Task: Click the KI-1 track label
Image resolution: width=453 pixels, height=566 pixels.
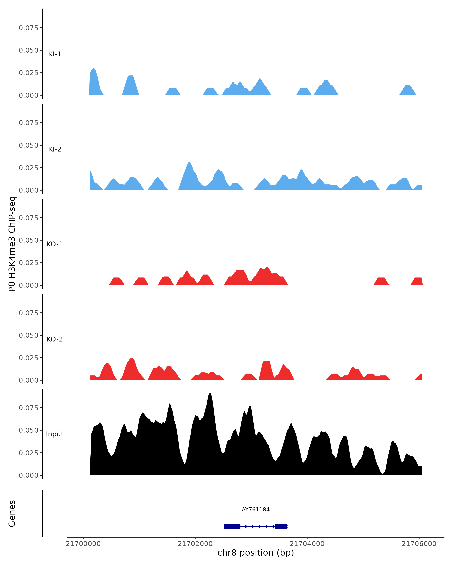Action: [x=55, y=54]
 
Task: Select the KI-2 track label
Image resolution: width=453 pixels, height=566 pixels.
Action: [x=55, y=149]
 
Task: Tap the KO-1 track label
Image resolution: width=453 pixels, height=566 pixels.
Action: [x=55, y=244]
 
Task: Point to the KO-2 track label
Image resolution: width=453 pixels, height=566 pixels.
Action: [x=55, y=339]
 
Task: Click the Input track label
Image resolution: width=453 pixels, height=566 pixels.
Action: [x=55, y=434]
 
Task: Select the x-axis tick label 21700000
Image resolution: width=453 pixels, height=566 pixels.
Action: [x=83, y=543]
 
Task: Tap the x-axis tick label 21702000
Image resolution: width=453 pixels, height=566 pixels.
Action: [x=195, y=543]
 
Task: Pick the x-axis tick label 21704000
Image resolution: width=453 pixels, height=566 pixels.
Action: [x=307, y=543]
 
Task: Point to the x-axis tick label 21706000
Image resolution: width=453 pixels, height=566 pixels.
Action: [x=419, y=543]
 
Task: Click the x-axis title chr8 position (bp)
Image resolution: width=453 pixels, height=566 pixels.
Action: [x=256, y=553]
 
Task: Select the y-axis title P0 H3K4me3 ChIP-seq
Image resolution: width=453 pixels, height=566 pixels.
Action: [x=12, y=244]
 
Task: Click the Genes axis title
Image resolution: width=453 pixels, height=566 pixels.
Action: [x=12, y=514]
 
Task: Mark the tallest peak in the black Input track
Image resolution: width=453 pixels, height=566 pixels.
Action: [x=210, y=394]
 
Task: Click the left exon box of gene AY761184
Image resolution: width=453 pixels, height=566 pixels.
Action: [x=232, y=526]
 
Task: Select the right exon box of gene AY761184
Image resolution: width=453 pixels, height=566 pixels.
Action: [x=281, y=526]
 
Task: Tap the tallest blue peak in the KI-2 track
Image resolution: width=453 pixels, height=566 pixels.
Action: [x=189, y=163]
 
